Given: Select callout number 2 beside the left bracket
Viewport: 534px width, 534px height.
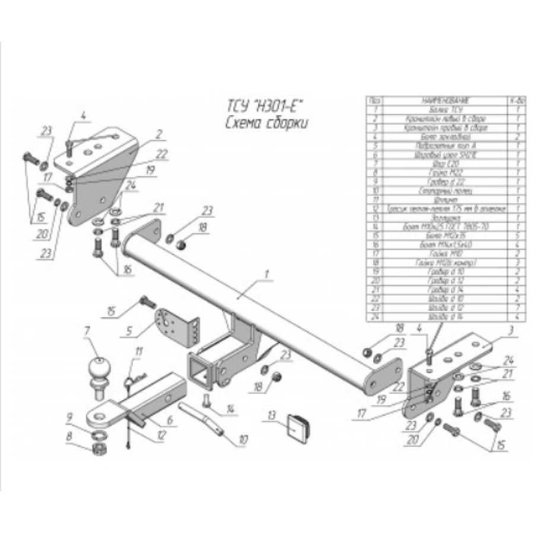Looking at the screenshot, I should [x=159, y=135].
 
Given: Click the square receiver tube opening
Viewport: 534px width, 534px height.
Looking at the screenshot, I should [x=198, y=368].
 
